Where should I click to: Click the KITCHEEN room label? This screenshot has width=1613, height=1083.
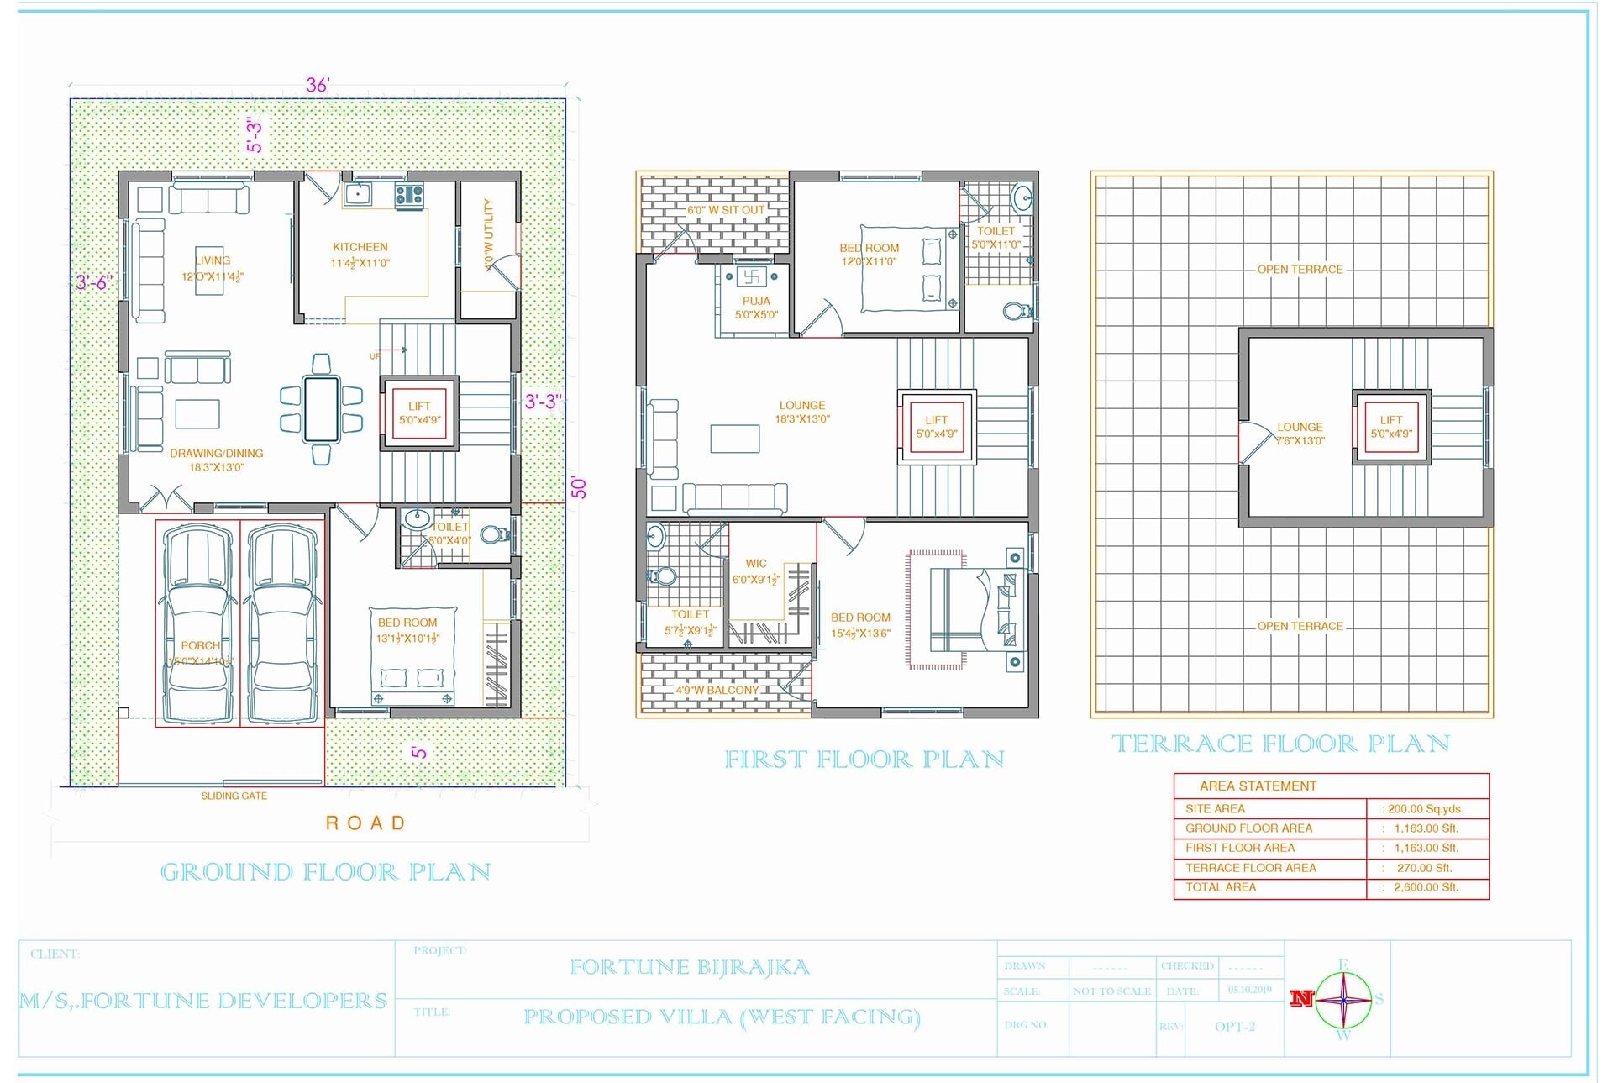(360, 247)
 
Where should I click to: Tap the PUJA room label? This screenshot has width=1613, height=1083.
(756, 301)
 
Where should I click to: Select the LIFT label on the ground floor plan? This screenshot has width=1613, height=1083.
(419, 406)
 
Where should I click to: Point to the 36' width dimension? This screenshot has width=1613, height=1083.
(318, 85)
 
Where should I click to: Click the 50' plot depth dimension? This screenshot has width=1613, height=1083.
(579, 487)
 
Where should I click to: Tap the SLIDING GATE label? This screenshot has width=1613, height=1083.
(234, 796)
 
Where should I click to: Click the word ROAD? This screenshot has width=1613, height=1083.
(365, 823)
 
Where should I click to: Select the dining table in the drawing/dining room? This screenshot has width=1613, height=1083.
(321, 409)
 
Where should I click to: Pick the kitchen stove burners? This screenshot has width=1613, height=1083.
(409, 195)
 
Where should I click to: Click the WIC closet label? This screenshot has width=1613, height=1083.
(756, 564)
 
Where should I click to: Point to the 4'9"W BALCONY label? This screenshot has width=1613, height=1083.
(717, 690)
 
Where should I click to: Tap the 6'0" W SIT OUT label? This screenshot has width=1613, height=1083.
(726, 210)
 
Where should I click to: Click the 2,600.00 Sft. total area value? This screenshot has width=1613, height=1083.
(1426, 887)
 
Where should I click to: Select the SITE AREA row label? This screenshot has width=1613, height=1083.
(1215, 808)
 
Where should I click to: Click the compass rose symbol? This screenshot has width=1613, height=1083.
(1343, 1000)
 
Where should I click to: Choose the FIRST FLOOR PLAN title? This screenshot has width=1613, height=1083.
(864, 760)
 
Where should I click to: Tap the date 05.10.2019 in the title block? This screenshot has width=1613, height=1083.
(1249, 990)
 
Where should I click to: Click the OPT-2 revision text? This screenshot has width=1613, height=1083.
(1234, 1027)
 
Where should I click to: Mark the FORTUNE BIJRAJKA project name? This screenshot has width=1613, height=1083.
(690, 967)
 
